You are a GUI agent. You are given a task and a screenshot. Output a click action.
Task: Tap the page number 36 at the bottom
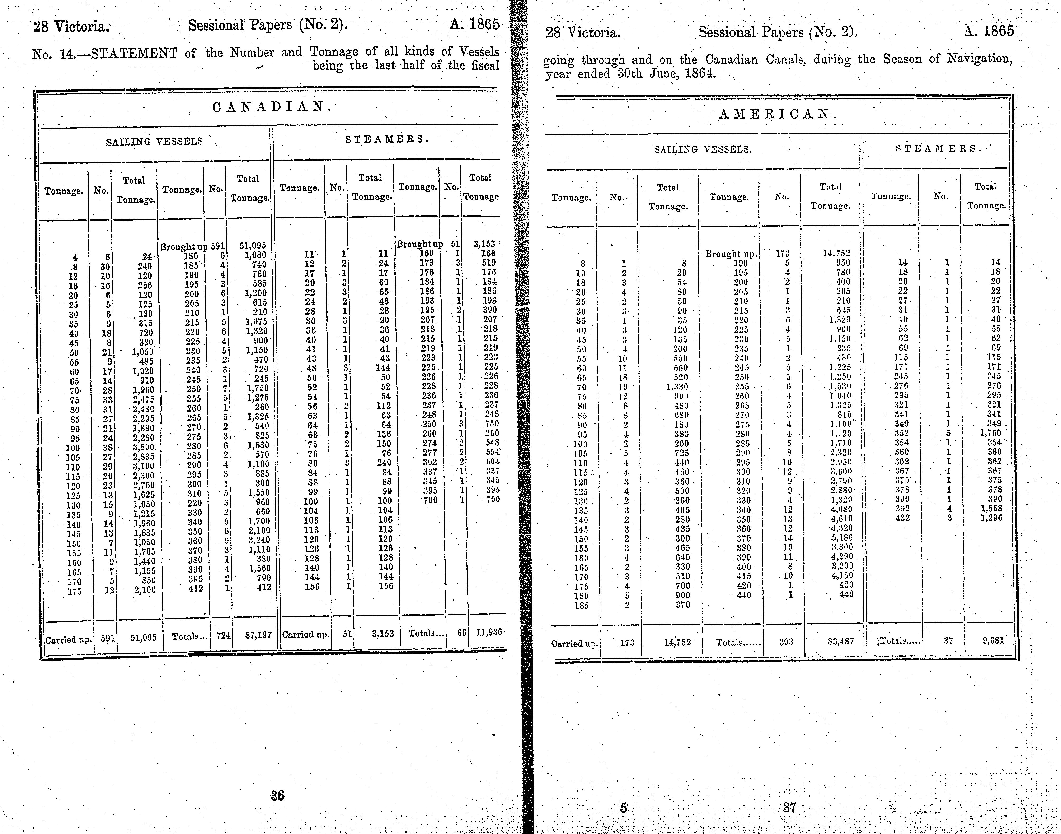[x=277, y=795]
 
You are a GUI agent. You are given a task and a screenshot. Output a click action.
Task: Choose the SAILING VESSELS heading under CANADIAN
[x=154, y=142]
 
